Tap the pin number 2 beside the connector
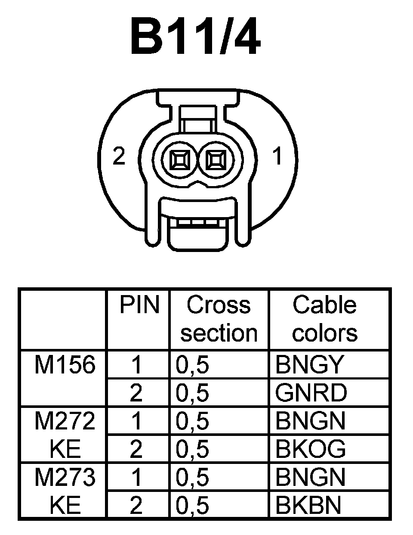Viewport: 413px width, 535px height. [119, 156]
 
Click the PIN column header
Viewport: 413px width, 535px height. [139, 305]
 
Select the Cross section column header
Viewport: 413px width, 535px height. [219, 319]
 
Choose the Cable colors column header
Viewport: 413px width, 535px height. [324, 319]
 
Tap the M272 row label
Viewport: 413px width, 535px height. [65, 420]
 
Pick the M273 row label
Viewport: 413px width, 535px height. [65, 477]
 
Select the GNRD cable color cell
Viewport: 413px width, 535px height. [311, 393]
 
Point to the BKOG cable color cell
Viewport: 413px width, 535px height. [311, 449]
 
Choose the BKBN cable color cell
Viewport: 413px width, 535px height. [308, 505]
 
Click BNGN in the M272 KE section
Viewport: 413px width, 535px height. [310, 421]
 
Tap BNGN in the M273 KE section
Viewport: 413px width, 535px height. [310, 477]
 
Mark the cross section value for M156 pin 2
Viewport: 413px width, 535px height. [192, 393]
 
